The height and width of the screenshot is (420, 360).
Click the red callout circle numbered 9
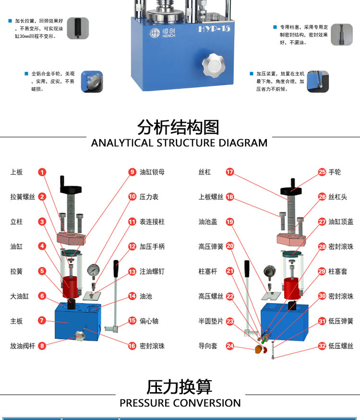coord(132,172)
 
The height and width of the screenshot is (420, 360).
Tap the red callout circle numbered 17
coord(230,172)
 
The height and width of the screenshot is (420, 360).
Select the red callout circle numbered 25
coord(322,172)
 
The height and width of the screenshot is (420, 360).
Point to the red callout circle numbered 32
coord(322,346)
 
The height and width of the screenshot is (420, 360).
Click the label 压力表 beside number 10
coord(149,197)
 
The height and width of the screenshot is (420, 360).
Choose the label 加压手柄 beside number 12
coord(152,246)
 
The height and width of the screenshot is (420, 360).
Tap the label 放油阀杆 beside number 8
coord(23,346)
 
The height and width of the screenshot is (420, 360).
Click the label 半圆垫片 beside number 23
coord(211,321)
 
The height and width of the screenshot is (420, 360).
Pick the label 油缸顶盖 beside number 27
coord(341,221)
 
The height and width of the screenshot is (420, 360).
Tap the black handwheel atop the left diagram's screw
coord(71,189)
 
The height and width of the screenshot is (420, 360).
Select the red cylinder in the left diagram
coord(70,287)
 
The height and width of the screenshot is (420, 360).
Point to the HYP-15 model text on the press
coord(214,29)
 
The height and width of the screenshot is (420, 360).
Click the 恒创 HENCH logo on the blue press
coord(162,33)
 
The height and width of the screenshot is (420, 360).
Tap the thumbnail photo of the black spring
coord(78,28)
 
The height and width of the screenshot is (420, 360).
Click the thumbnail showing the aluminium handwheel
coord(92,82)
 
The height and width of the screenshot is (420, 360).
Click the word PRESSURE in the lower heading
coord(146,403)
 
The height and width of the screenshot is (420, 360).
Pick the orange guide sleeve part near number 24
coord(258,349)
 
